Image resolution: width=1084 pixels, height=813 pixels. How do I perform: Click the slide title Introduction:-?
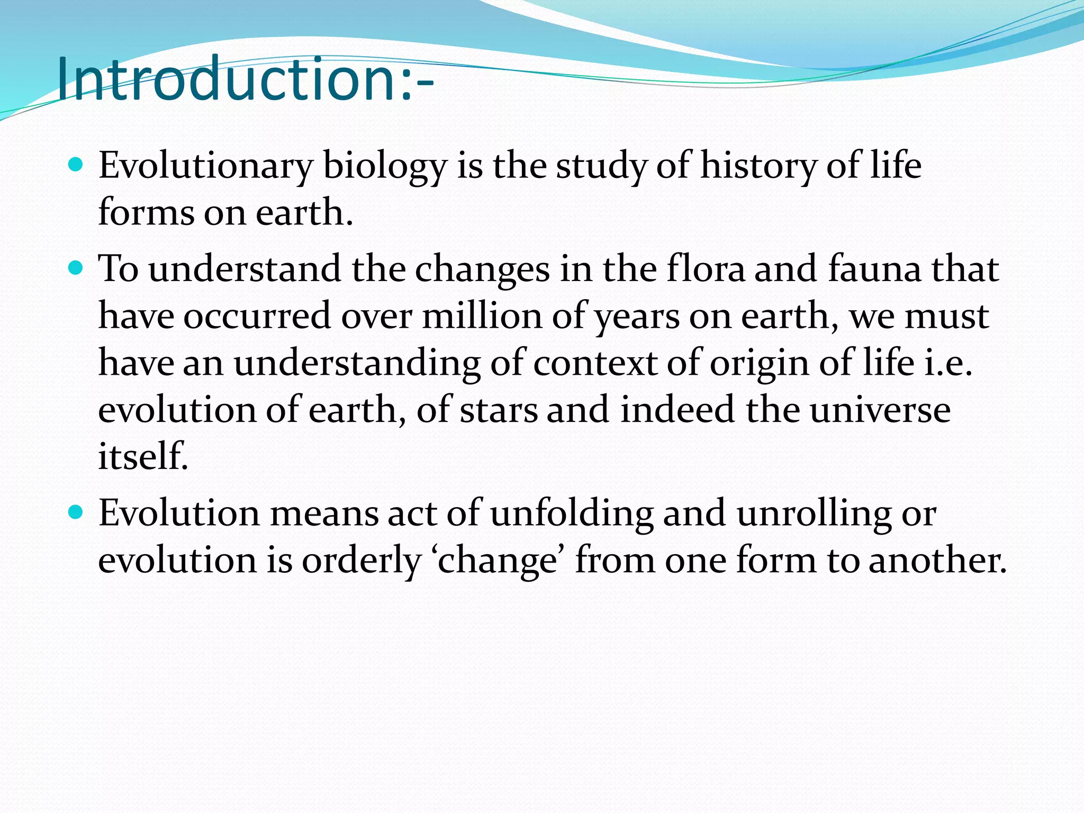pos(245,79)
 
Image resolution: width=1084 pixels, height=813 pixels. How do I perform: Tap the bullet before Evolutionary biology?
pos(76,165)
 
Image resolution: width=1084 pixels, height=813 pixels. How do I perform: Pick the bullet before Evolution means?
pos(76,512)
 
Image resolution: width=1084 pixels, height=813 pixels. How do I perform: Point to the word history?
pos(758,166)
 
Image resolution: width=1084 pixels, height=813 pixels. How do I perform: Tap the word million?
pos(482,317)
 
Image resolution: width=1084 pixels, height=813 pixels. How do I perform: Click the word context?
pos(594,364)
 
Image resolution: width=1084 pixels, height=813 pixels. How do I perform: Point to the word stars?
pos(498,411)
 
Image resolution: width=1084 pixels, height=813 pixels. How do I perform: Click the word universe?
pos(880,411)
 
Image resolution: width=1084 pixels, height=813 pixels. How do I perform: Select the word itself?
pos(143,456)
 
